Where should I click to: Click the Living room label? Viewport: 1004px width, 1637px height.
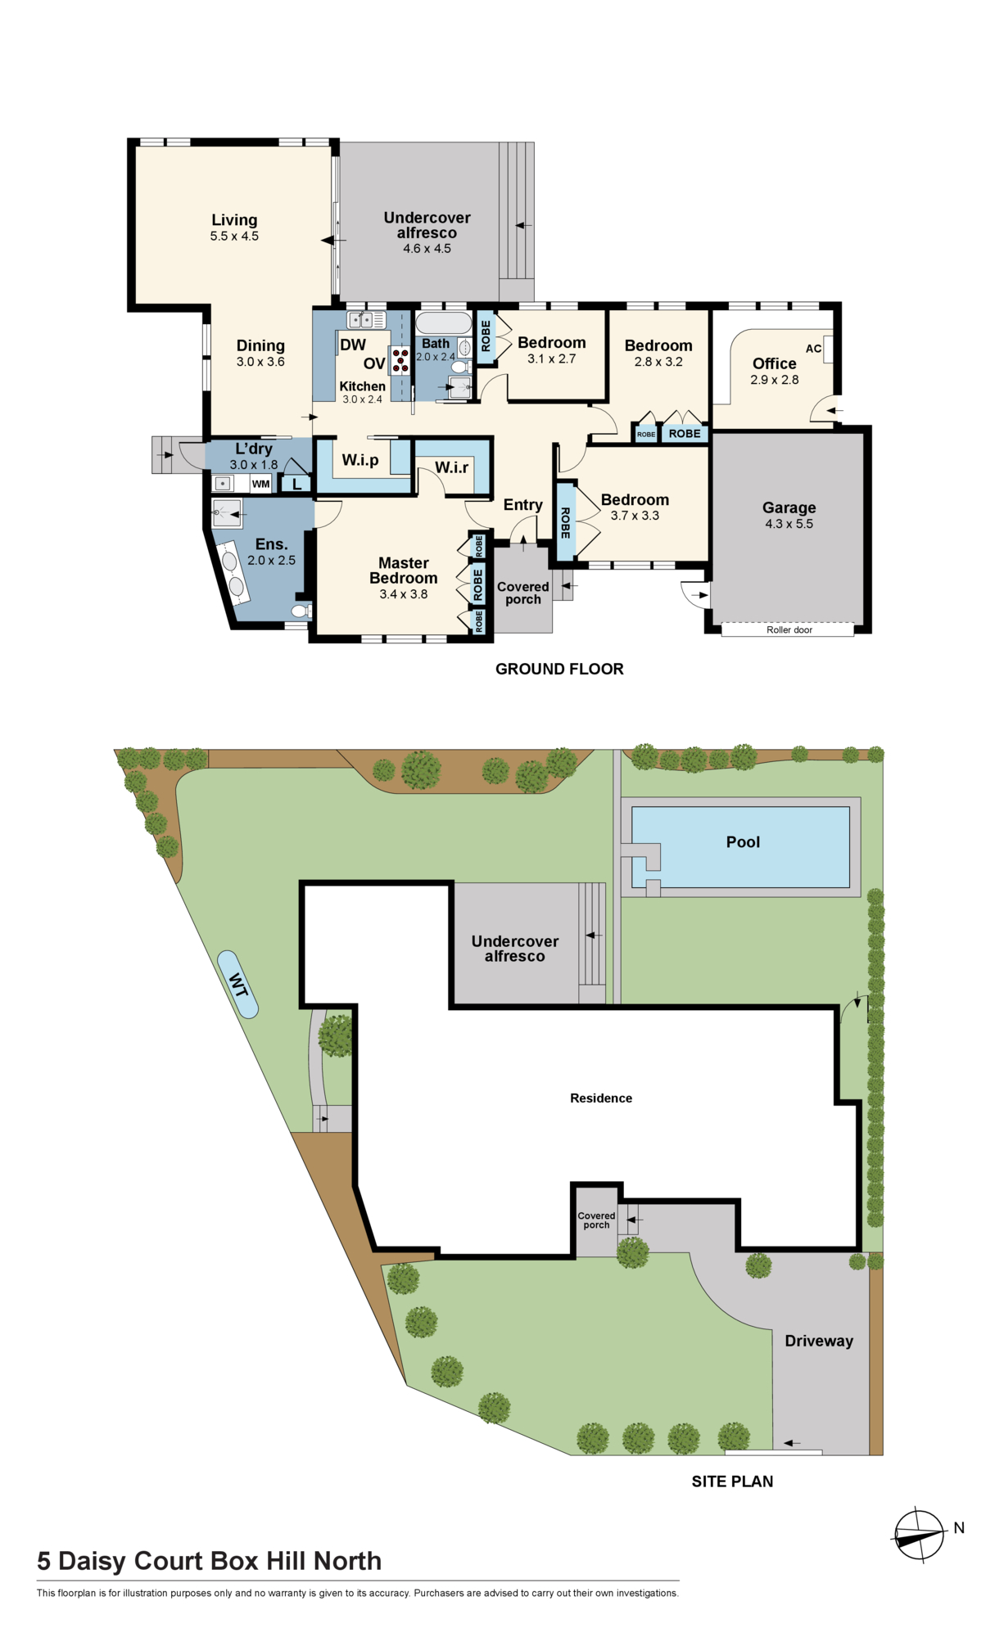234,220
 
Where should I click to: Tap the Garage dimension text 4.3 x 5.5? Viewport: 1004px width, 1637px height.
789,524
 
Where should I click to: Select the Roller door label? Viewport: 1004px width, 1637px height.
789,630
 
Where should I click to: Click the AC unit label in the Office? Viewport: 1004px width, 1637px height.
813,349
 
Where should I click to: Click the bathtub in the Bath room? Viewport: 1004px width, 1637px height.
444,322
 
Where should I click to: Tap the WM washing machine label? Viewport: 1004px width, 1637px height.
260,484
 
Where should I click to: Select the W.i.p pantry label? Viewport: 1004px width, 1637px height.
360,460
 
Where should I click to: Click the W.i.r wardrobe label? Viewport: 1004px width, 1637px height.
451,467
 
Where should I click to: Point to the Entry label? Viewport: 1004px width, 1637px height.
523,505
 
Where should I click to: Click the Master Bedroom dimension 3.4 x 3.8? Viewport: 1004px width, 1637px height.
404,594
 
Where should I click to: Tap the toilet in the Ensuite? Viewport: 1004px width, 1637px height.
301,611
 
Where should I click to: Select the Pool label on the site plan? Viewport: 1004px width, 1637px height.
743,842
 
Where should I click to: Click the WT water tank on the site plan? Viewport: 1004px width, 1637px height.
238,984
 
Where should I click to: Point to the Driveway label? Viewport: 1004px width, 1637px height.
819,1341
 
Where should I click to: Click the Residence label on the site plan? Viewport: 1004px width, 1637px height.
601,1098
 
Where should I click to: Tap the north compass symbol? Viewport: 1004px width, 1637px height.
919,1536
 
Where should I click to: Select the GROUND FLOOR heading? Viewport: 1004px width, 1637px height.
559,669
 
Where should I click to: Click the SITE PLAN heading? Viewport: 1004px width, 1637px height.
732,1481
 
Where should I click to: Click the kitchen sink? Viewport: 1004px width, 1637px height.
366,319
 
